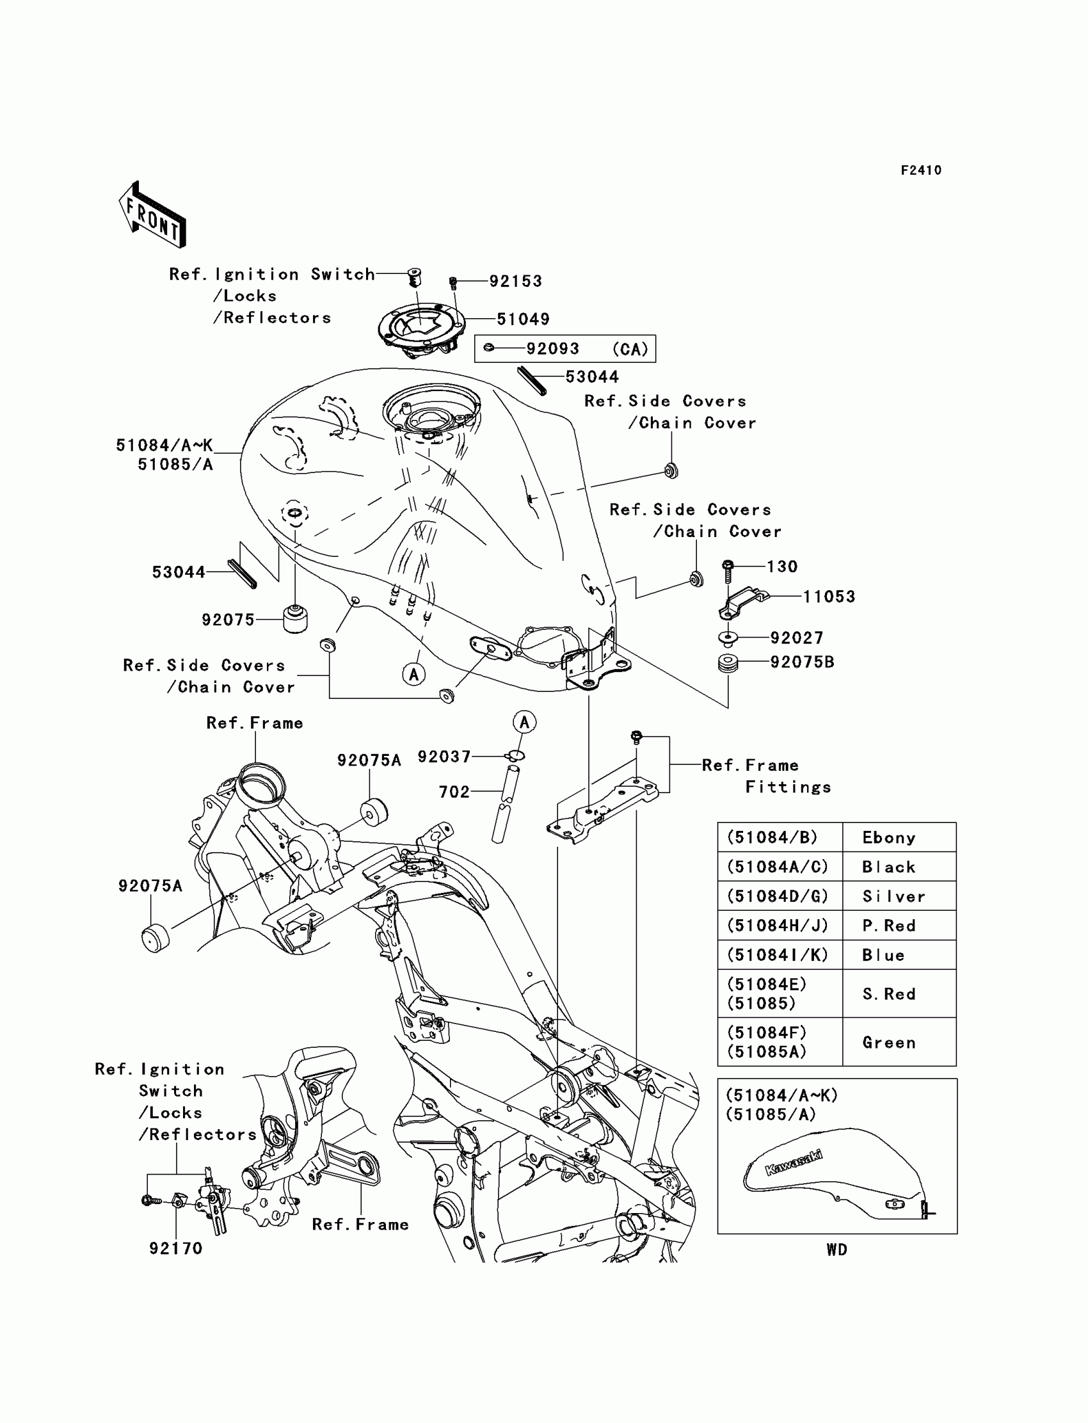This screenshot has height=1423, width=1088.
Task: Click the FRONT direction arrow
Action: [153, 216]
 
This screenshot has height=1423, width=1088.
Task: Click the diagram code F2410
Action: [921, 170]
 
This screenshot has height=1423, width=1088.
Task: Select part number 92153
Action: [515, 281]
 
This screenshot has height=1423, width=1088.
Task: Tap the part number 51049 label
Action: [523, 319]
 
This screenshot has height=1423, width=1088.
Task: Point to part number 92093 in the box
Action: [552, 348]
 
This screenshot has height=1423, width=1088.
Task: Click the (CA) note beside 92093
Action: [630, 349]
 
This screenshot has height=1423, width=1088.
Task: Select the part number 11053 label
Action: [829, 597]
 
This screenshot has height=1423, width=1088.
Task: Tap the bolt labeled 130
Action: [728, 570]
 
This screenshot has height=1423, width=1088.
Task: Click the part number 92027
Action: [797, 638]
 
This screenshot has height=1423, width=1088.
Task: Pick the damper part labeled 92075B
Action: [728, 663]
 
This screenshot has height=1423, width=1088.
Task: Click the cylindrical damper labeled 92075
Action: [295, 619]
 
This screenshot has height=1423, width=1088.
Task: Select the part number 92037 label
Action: [444, 757]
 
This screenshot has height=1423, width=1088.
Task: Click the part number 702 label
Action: [454, 791]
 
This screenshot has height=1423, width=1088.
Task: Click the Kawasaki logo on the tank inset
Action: [794, 1162]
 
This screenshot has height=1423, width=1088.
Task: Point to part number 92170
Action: [175, 1248]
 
